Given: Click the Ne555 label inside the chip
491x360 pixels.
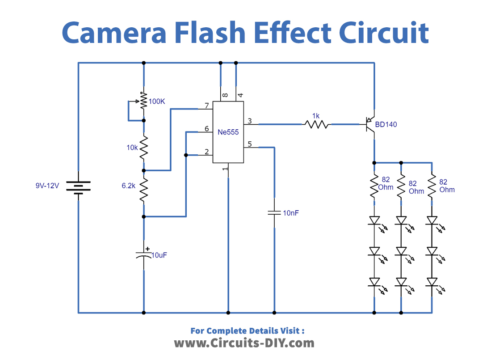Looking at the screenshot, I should pos(228,132).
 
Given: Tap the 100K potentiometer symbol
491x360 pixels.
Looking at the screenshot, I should pos(143,101).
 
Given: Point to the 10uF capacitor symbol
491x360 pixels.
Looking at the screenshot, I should pos(144,255).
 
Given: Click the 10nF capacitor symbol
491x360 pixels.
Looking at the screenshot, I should pos(274,212).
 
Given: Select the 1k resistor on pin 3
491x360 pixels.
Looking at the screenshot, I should pos(316,124).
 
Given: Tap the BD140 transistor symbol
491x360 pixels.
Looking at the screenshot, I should pos(371,124).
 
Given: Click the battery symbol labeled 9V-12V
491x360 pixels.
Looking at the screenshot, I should pos(78,186).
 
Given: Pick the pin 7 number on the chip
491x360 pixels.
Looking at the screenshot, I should pos(206,106).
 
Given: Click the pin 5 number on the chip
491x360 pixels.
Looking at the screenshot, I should pos(250,144).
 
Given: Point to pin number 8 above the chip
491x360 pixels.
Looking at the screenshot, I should pos(225,95).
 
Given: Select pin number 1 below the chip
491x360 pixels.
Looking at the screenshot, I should pos(225,169).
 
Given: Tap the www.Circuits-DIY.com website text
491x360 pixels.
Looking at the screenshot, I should pos(244,343).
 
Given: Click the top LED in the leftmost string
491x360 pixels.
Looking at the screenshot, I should pos(374,220).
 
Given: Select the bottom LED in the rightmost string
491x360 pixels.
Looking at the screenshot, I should pos(432,282).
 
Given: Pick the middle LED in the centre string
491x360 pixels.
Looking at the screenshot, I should pos(401,251).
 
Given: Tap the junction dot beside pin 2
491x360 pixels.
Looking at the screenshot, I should pos(185,155).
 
